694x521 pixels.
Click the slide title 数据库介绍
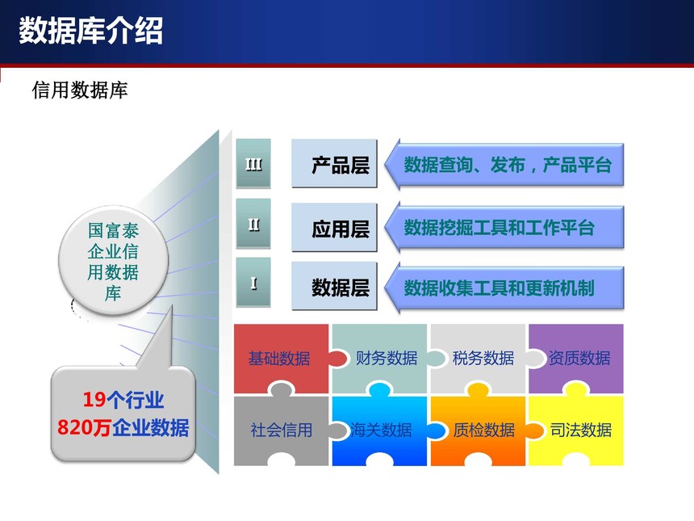(x=90, y=31)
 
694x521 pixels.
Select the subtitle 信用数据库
(x=80, y=90)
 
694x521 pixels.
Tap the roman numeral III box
(x=253, y=163)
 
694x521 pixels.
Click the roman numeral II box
(x=253, y=223)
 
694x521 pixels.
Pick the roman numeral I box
(x=253, y=282)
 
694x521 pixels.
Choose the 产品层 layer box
(x=334, y=164)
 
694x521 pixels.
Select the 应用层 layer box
(x=334, y=228)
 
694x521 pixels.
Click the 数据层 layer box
(x=334, y=286)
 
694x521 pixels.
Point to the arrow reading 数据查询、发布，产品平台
(x=504, y=165)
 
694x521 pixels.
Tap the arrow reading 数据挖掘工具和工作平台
(x=504, y=227)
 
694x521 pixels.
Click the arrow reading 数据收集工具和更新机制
(x=504, y=288)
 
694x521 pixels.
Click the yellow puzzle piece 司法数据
(x=576, y=430)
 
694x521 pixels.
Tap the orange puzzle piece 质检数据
(x=478, y=430)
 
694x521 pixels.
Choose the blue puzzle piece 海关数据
(x=380, y=430)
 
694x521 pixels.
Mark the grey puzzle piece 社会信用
(x=282, y=430)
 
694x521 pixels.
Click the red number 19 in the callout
(x=94, y=400)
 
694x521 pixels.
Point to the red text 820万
(x=84, y=427)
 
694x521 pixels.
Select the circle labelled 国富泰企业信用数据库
(x=113, y=260)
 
